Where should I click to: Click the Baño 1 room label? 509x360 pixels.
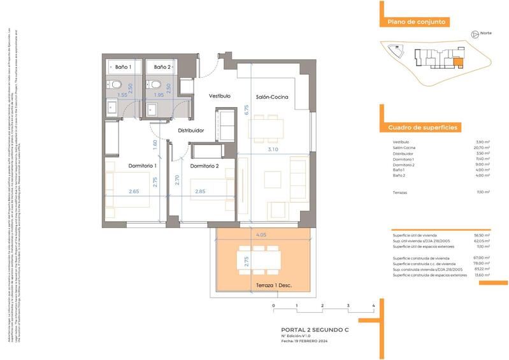click(x=123, y=67)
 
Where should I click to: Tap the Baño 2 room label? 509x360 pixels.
click(x=162, y=67)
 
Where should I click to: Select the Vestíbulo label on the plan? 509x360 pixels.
click(x=220, y=96)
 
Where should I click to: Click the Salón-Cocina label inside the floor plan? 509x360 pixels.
click(x=273, y=97)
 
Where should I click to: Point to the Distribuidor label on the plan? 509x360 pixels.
click(x=190, y=131)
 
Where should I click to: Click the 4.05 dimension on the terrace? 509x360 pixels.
click(x=262, y=234)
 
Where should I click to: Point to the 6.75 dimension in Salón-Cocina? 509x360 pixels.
click(x=246, y=110)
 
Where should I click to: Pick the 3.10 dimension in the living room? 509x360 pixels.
click(x=273, y=150)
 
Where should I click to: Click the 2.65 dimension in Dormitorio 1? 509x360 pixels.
click(x=134, y=191)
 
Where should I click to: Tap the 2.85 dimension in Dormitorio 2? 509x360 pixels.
click(x=199, y=191)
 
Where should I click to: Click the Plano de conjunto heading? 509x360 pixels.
click(x=416, y=22)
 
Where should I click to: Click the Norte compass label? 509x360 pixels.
click(x=485, y=34)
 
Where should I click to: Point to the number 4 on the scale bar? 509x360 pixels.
click(x=373, y=306)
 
